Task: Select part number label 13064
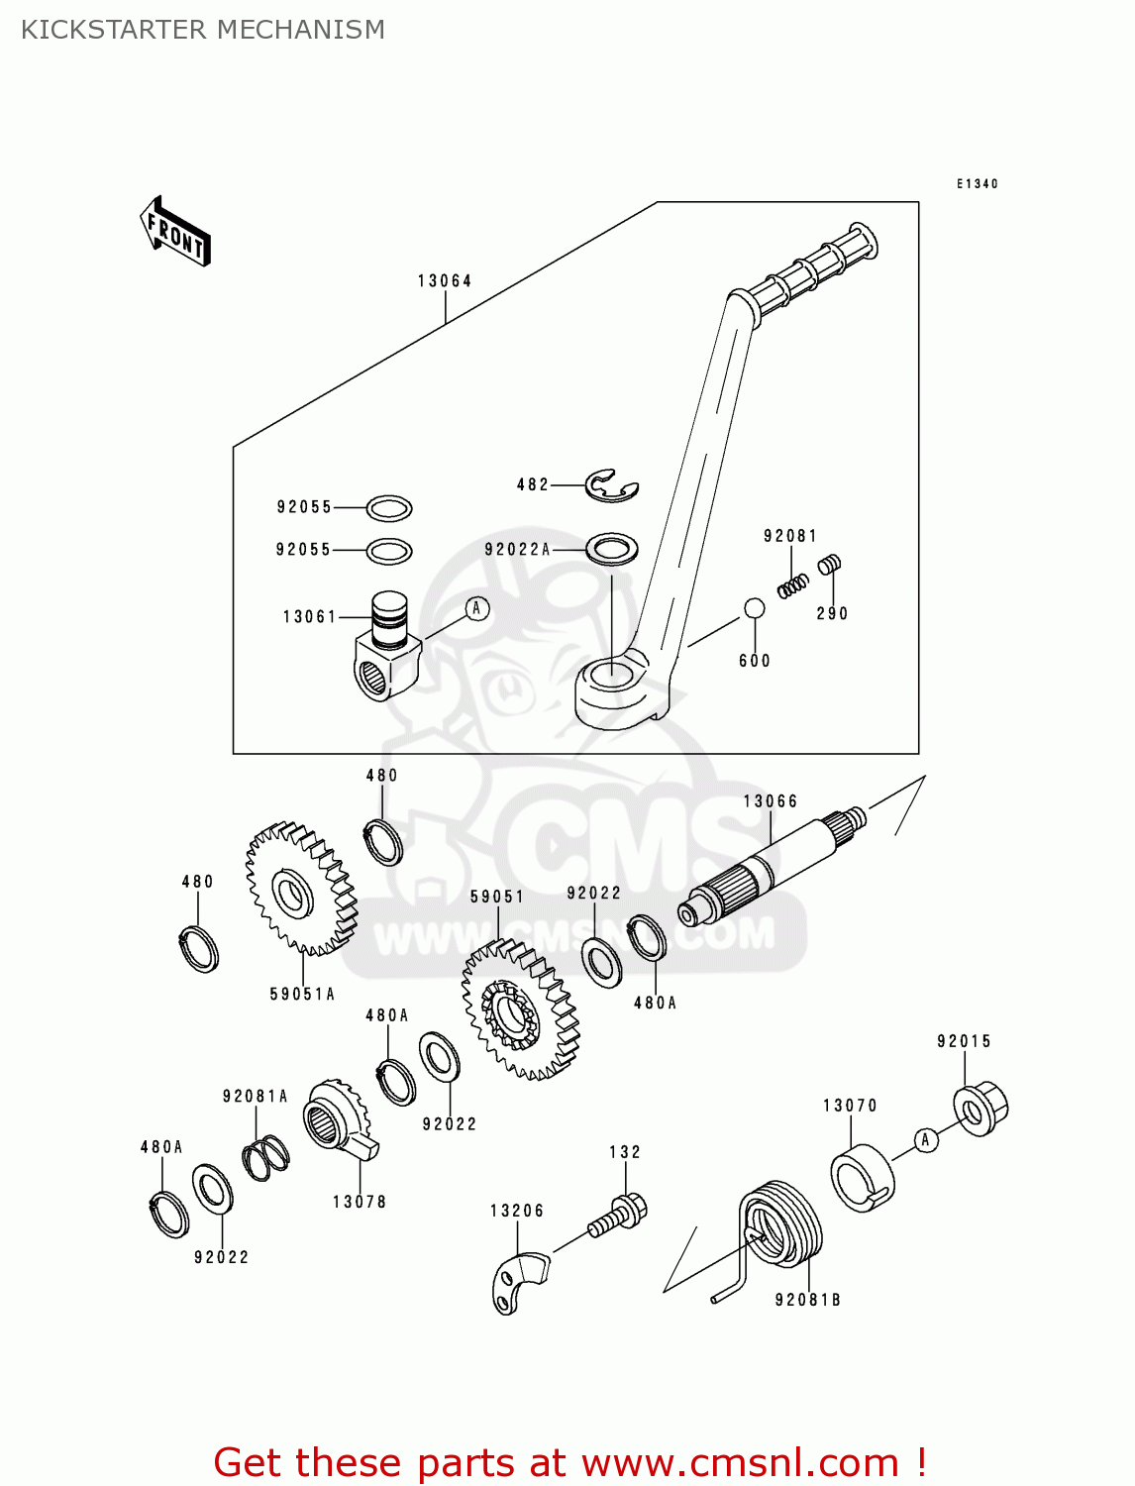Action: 445,281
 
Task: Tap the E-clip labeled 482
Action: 611,485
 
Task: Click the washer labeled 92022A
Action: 611,548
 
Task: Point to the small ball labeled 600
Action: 754,608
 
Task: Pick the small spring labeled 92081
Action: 792,586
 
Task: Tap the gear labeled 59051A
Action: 300,889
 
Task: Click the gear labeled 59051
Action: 519,1009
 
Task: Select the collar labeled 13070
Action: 862,1178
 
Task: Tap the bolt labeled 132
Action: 620,1216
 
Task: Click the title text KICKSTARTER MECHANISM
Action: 203,30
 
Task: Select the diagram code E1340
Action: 977,184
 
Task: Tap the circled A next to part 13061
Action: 476,608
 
